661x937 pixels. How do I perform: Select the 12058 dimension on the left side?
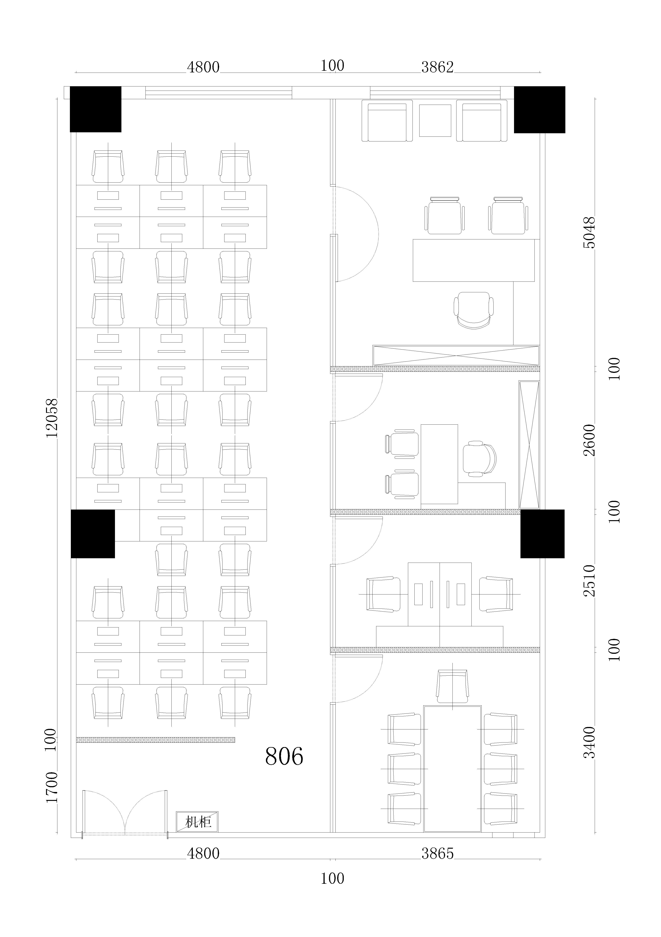52,418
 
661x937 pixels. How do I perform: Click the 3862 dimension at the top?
438,67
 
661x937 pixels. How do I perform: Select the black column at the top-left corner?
96,109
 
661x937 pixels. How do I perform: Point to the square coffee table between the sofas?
435,120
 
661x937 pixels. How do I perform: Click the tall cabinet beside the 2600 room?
529,445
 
